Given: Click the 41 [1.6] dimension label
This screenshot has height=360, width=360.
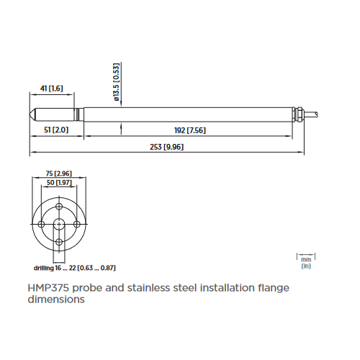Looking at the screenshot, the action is click(51, 89).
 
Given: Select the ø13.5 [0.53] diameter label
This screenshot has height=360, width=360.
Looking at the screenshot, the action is click(117, 82).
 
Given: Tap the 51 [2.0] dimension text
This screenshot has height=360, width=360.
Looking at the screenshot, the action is click(56, 130).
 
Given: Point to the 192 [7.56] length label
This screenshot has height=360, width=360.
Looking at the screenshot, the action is click(190, 130).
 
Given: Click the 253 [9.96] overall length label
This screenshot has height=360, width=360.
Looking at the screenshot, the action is click(167, 147).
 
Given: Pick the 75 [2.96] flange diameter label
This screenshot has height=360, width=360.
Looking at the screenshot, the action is click(59, 174).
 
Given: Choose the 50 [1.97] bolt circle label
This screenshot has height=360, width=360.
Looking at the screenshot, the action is click(59, 183).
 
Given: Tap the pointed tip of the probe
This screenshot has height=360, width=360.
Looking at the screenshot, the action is click(30, 114).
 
